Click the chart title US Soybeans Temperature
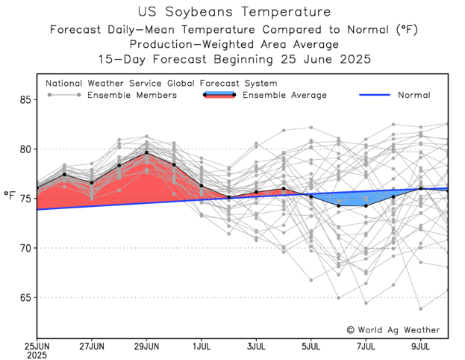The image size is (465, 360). click(233, 12)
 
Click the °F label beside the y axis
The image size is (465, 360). click(9, 196)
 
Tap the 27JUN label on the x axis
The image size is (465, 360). click(92, 347)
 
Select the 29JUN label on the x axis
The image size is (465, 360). click(146, 347)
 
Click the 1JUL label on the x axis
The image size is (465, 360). click(202, 347)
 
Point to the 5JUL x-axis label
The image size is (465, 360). click(311, 347)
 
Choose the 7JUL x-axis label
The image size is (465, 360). click(366, 347)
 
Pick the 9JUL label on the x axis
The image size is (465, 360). click(421, 347)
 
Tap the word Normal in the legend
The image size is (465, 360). click(413, 96)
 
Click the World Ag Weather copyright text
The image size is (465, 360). click(393, 329)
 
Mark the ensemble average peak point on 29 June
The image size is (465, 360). click(146, 152)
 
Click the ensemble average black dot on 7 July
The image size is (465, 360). click(366, 205)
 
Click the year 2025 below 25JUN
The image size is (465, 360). click(37, 356)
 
